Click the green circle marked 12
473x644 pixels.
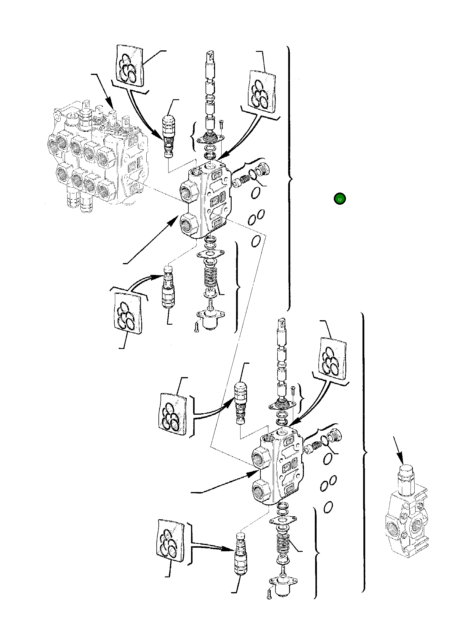[339, 199]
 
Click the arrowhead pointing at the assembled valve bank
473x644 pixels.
[111, 105]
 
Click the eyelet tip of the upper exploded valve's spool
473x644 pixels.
[210, 55]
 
